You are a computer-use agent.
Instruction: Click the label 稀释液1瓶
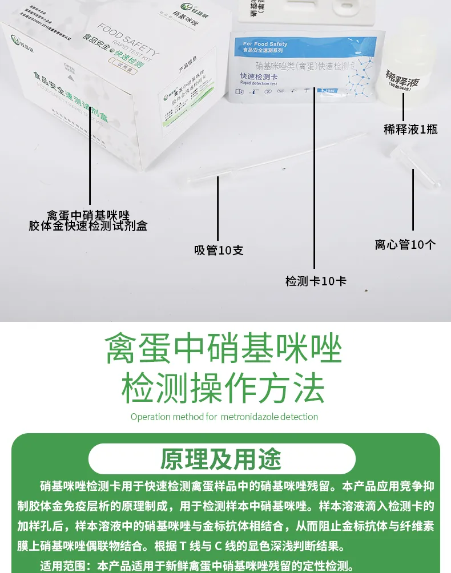[x=410, y=129]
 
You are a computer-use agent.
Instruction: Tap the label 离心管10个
[x=405, y=244]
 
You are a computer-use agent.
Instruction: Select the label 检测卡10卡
[x=316, y=281]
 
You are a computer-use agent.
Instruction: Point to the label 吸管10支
[x=219, y=250]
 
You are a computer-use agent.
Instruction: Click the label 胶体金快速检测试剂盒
[x=88, y=226]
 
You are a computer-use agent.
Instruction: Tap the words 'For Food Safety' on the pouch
[x=265, y=44]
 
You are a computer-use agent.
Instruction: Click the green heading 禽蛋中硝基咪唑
[x=223, y=350]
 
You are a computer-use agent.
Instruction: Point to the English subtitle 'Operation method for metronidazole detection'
[x=224, y=417]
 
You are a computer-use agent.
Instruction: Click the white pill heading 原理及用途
[x=222, y=459]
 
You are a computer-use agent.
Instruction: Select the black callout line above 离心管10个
[x=413, y=197]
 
